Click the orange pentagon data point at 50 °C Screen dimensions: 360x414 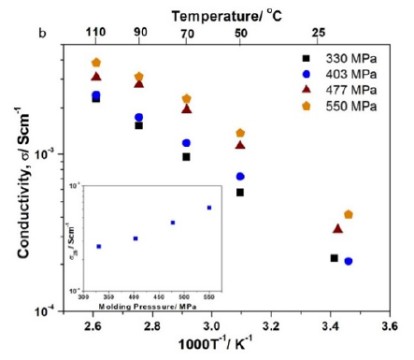click(x=240, y=133)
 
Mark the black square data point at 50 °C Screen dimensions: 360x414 click(x=240, y=192)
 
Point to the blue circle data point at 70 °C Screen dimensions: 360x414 click(x=186, y=143)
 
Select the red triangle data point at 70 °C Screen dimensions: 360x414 click(x=186, y=108)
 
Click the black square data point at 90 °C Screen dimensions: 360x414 click(x=138, y=124)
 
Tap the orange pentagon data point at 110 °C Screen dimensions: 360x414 click(x=96, y=63)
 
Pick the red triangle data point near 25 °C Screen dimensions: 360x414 click(x=338, y=228)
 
